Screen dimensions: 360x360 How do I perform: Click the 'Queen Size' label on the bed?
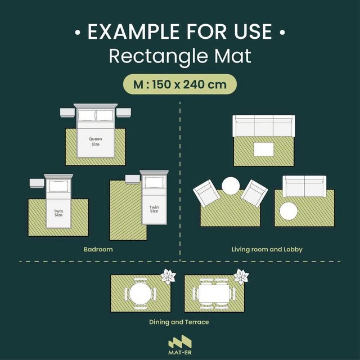(96, 141)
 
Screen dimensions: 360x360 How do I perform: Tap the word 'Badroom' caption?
(98, 249)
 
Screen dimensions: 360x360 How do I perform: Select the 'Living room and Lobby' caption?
(267, 249)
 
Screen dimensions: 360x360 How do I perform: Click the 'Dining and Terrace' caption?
(179, 322)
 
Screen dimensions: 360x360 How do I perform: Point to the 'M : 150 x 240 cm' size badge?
(180, 84)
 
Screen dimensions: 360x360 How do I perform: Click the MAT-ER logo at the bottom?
(180, 345)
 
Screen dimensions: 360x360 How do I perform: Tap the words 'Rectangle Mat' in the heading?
(180, 56)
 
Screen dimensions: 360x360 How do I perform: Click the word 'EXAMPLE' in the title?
(133, 31)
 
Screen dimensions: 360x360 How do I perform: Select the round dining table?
(140, 293)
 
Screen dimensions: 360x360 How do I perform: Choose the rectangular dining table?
(214, 294)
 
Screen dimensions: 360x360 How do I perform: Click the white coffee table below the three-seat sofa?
(264, 150)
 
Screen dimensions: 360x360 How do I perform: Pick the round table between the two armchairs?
(231, 186)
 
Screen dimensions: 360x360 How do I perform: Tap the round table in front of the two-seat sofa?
(289, 211)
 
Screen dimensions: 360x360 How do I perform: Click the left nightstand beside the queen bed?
(67, 112)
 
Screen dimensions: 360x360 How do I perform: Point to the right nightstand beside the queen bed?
(124, 112)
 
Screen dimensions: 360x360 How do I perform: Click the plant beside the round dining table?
(168, 276)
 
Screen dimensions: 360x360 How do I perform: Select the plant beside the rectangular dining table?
(241, 276)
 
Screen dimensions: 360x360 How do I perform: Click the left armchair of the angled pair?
(206, 193)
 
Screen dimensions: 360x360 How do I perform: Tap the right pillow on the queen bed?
(105, 115)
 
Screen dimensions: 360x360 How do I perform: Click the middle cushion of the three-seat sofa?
(264, 126)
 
